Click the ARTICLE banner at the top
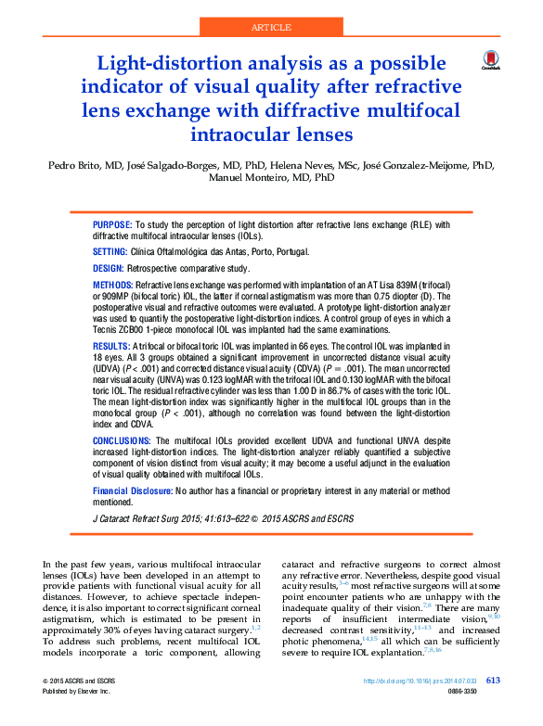271,28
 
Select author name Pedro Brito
66,165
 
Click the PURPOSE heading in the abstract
112,225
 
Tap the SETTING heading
110,251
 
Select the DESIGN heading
109,267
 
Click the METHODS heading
113,283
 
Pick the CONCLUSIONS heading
122,440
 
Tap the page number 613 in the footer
493,681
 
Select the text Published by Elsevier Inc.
77,693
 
